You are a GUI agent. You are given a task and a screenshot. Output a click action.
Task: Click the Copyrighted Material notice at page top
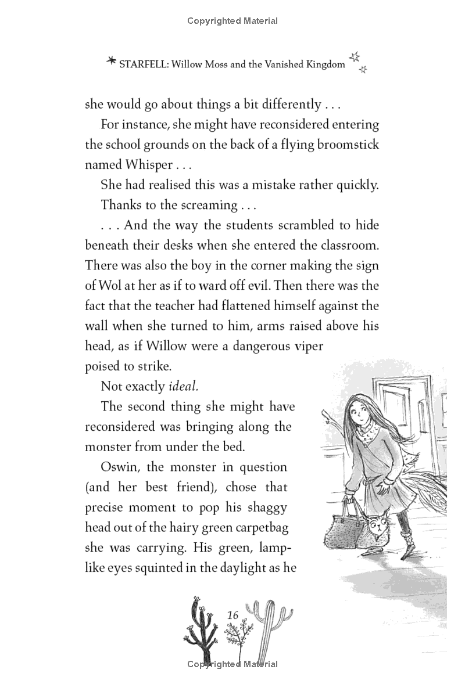pos(233,21)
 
